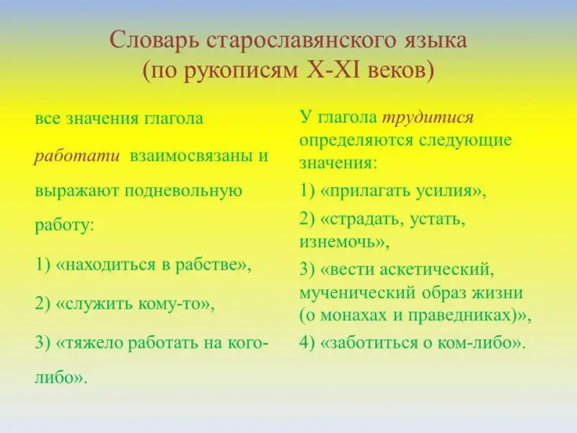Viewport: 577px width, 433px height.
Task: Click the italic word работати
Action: coord(77,156)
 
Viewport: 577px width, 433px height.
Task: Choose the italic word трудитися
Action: coord(428,118)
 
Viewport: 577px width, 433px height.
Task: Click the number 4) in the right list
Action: coord(307,344)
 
